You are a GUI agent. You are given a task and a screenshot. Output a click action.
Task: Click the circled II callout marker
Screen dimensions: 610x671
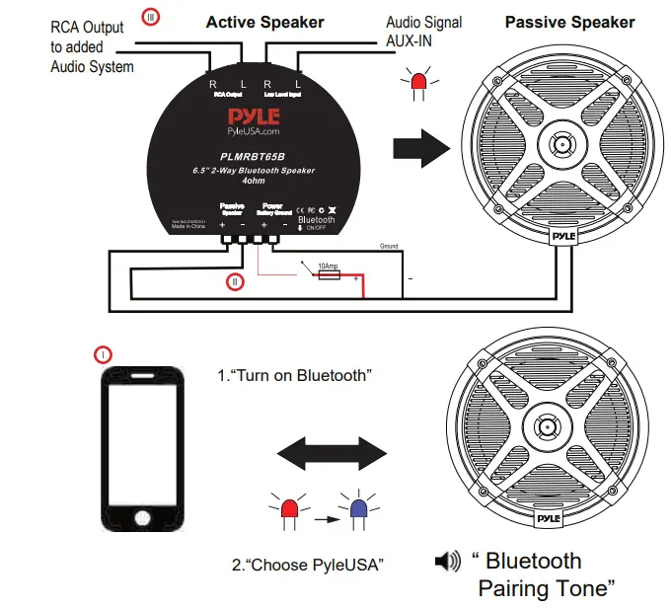235,282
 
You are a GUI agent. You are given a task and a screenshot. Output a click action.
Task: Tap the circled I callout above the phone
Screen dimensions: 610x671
104,353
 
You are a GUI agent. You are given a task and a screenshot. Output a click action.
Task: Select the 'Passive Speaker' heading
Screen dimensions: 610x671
570,22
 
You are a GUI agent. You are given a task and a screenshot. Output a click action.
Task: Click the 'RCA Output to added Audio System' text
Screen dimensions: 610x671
92,47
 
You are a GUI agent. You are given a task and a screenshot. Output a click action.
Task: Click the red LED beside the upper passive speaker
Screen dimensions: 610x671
418,88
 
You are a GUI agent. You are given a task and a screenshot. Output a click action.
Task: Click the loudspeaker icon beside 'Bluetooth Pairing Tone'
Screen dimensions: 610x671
447,563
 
